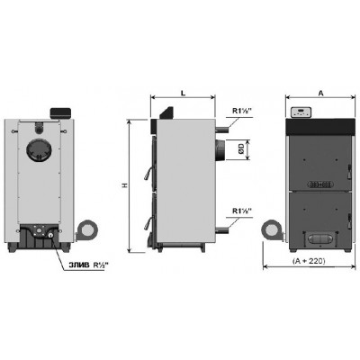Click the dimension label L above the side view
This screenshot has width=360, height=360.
point(184,93)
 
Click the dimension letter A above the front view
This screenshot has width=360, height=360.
point(320,94)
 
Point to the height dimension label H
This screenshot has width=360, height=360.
point(125,186)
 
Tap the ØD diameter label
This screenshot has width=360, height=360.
point(241,149)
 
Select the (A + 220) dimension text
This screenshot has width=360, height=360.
point(309,261)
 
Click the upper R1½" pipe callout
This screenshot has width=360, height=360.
point(242,111)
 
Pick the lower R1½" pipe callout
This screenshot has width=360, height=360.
point(242,211)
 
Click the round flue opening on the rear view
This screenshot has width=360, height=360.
point(39,150)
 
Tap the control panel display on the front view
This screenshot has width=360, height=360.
point(301,112)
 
